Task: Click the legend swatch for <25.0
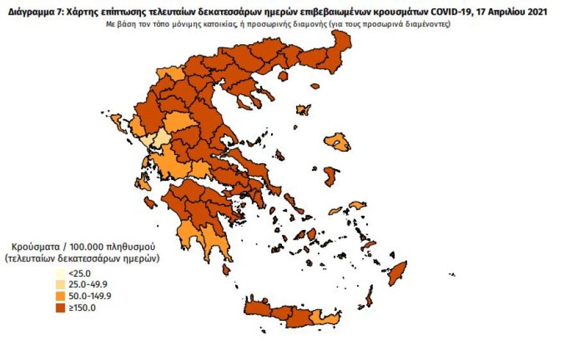point(60,274)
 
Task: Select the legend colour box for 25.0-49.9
point(60,284)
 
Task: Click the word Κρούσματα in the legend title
point(33,247)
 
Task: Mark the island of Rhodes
point(398,273)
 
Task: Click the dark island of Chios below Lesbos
point(330,176)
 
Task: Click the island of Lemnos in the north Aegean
point(303,110)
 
